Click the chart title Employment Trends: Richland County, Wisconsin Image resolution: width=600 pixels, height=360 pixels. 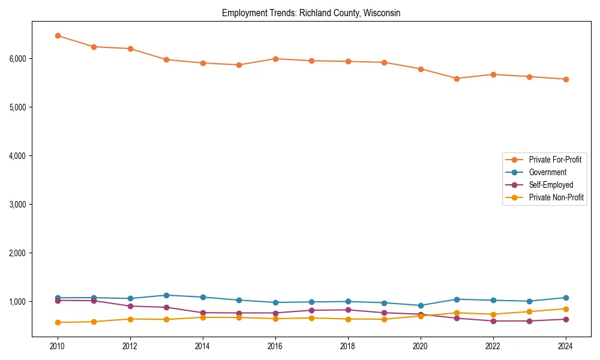pos(311,13)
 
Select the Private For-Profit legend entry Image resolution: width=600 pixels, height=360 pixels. pos(551,160)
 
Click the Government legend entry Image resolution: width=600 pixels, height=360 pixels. pos(547,172)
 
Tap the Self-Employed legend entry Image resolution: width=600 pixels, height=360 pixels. pos(551,185)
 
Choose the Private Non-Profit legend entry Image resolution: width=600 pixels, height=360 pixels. pos(556,197)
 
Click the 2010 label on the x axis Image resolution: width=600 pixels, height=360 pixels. pos(58,346)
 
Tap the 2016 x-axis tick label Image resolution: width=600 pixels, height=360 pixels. pos(275,346)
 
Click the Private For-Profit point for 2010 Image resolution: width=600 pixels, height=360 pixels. pos(58,36)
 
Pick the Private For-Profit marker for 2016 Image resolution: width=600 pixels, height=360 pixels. pos(275,59)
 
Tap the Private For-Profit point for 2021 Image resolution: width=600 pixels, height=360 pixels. pos(457,79)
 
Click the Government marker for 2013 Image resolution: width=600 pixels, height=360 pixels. pos(166,295)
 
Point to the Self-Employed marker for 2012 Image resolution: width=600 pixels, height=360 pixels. pos(130,306)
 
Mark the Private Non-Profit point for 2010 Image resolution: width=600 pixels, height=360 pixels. pos(58,322)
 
